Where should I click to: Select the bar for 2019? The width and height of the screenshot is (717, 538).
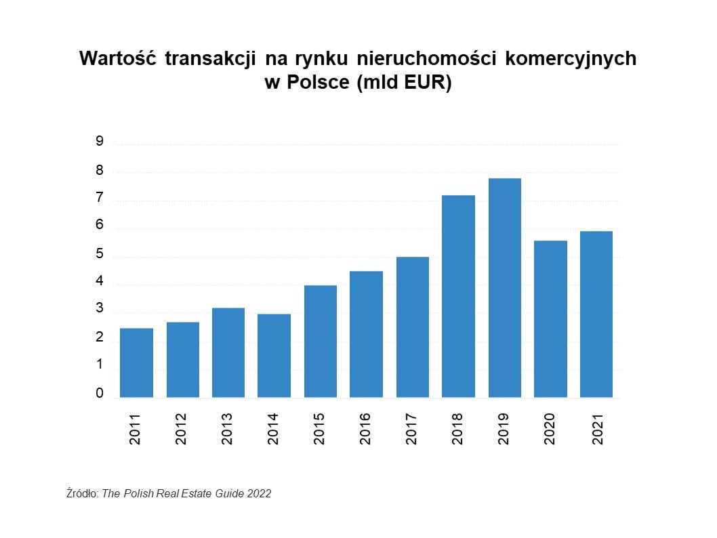[504, 287]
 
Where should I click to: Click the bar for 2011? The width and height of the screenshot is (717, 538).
[136, 363]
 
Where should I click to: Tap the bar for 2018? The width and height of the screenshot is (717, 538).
[458, 296]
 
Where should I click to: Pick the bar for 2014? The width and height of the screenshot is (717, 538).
[274, 355]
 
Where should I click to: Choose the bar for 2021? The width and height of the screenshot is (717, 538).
[596, 314]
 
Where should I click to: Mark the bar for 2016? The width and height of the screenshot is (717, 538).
[366, 334]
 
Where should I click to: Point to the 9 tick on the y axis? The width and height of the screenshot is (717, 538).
[100, 142]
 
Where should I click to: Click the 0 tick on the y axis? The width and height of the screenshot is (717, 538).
[100, 394]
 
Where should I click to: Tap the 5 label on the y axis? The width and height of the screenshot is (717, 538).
[100, 254]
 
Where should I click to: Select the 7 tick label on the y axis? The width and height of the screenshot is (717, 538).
[100, 198]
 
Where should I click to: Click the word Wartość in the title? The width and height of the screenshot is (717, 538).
[118, 59]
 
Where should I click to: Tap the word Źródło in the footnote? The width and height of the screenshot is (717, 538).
[82, 494]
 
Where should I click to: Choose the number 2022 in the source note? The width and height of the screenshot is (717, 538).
[258, 494]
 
